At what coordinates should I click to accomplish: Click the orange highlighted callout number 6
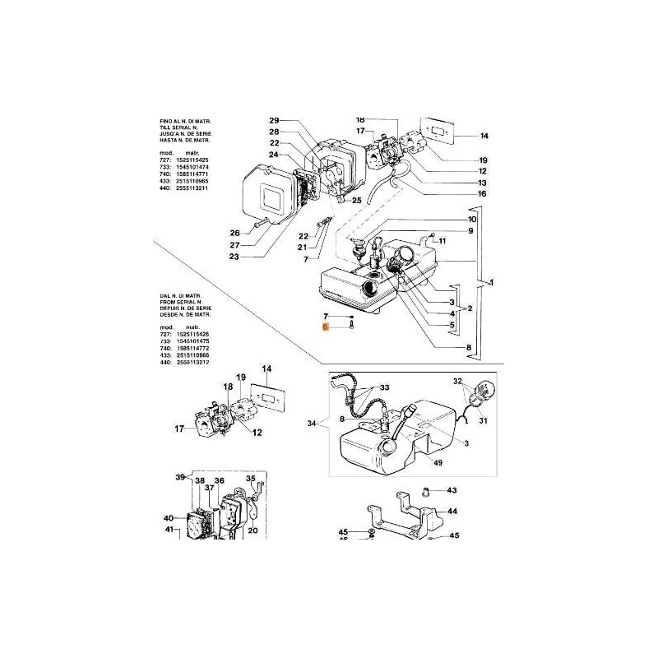pos(326,327)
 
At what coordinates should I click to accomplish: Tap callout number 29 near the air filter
pos(275,121)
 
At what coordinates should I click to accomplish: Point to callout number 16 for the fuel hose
pos(481,194)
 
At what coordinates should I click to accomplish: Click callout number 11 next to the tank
pos(442,241)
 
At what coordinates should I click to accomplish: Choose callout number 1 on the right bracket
pos(491,284)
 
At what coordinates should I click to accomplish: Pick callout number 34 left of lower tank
pos(311,424)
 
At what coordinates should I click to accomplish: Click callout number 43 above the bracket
pos(452,490)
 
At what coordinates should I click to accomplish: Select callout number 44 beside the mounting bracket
pos(452,510)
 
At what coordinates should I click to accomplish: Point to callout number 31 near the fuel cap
pos(484,422)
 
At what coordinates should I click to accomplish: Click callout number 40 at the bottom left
pos(169,518)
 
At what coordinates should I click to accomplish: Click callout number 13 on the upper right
pos(482,183)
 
